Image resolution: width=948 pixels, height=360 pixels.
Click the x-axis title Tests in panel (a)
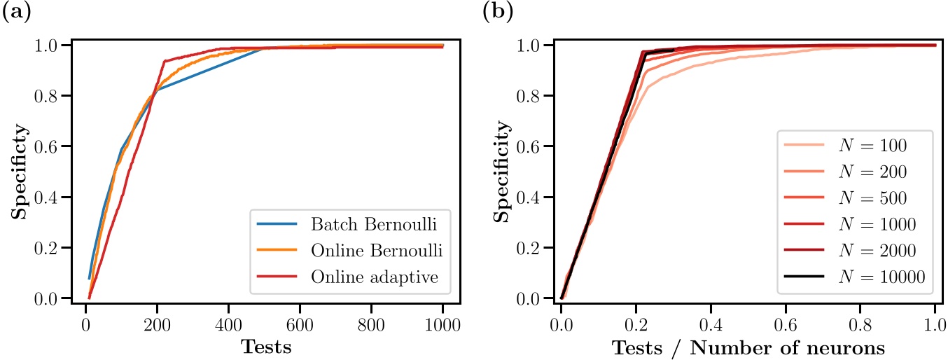pos(265,347)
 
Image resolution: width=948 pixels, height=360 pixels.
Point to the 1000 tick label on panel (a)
pos(442,325)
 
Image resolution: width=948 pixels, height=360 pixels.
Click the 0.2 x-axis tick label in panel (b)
pos(636,325)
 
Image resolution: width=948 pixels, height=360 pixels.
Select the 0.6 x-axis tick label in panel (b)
pos(786,325)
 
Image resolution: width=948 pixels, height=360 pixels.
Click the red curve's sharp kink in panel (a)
pos(164,61)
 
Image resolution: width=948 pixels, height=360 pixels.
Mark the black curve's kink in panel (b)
pos(643,53)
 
